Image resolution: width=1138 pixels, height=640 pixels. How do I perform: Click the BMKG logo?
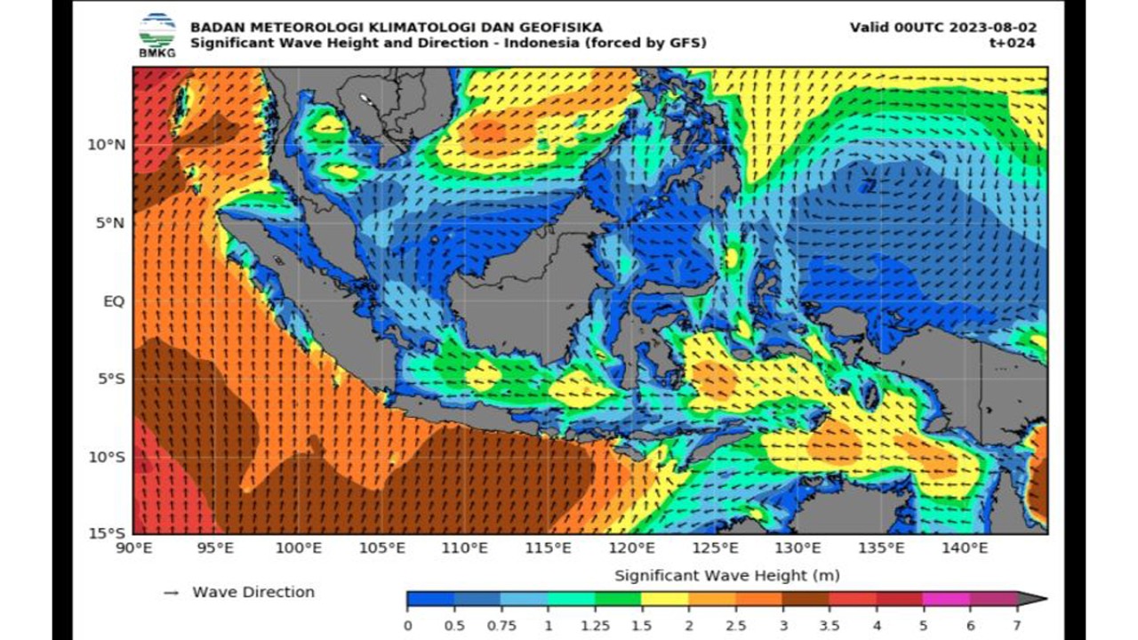157,36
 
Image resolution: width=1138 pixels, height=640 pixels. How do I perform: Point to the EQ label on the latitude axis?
113,301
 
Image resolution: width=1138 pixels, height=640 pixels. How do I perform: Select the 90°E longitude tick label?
133,548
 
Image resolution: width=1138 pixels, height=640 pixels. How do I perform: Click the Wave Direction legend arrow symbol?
171,593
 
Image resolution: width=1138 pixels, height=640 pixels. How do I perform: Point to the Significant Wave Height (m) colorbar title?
726,575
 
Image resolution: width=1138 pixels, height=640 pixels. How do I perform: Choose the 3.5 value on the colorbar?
829,625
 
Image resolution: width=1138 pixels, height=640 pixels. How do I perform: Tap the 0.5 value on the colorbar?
454,625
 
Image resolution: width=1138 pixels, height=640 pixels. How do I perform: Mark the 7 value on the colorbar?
1016,625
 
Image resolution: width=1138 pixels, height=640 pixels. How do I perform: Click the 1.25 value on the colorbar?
595,625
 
